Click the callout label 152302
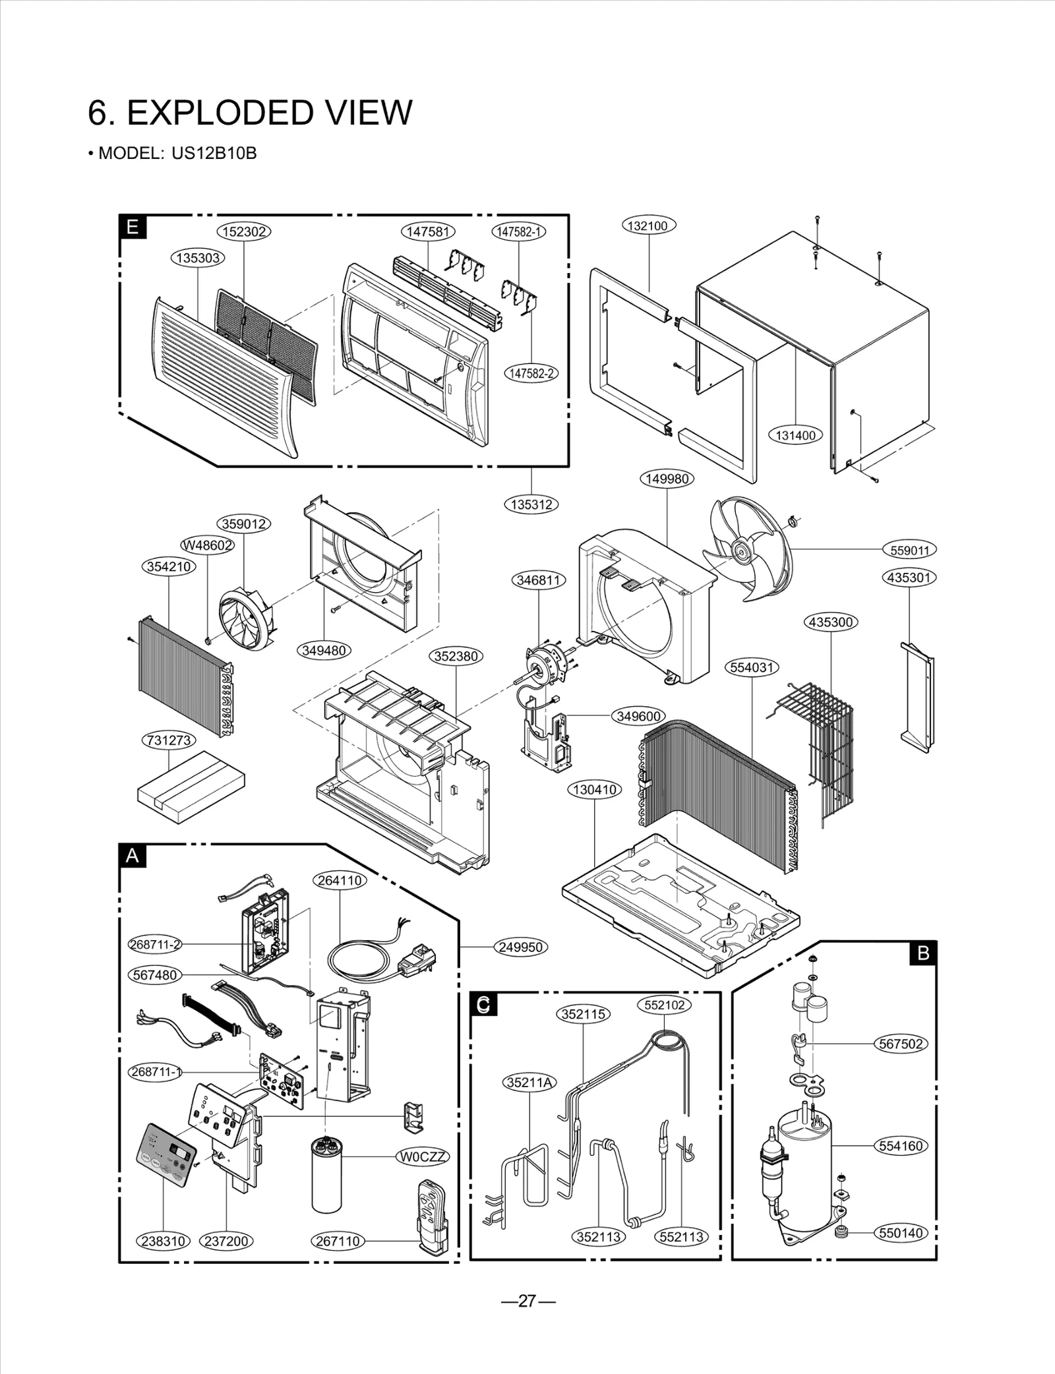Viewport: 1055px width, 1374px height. coord(244,231)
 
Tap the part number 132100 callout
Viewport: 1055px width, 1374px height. coord(648,225)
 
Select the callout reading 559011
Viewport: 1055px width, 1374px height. coord(909,550)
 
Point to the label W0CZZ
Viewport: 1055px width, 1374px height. coord(423,1156)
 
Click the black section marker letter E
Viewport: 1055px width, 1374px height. coord(133,227)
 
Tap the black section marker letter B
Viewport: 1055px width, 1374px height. coord(923,953)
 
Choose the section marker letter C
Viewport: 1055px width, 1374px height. coord(483,1004)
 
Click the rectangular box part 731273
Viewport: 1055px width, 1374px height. coord(191,787)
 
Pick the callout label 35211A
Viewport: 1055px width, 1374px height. coord(530,1082)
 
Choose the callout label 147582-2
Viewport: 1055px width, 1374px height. coord(531,373)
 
